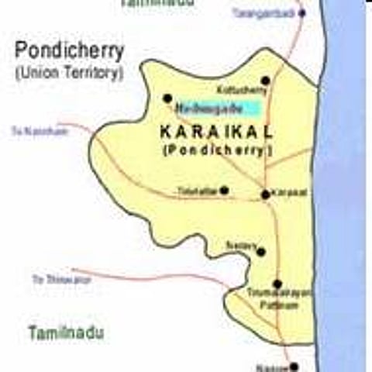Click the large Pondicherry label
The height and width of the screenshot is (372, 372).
[x=69, y=52]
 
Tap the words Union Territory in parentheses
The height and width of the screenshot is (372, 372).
[x=69, y=74]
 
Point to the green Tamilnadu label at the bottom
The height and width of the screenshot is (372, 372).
[x=66, y=333]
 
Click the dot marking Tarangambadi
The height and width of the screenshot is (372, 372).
[x=302, y=13]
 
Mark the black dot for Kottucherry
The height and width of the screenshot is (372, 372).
[x=266, y=80]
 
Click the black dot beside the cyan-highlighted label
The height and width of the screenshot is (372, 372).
[x=167, y=98]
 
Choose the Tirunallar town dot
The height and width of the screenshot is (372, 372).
[x=224, y=190]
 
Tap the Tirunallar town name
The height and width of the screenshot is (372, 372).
[x=197, y=191]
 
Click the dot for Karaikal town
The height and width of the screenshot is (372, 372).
[x=266, y=194]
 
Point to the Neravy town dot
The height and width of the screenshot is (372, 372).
[x=261, y=251]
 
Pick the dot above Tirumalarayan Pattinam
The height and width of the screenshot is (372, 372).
[x=277, y=284]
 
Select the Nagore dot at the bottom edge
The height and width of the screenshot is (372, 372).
[x=294, y=367]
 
